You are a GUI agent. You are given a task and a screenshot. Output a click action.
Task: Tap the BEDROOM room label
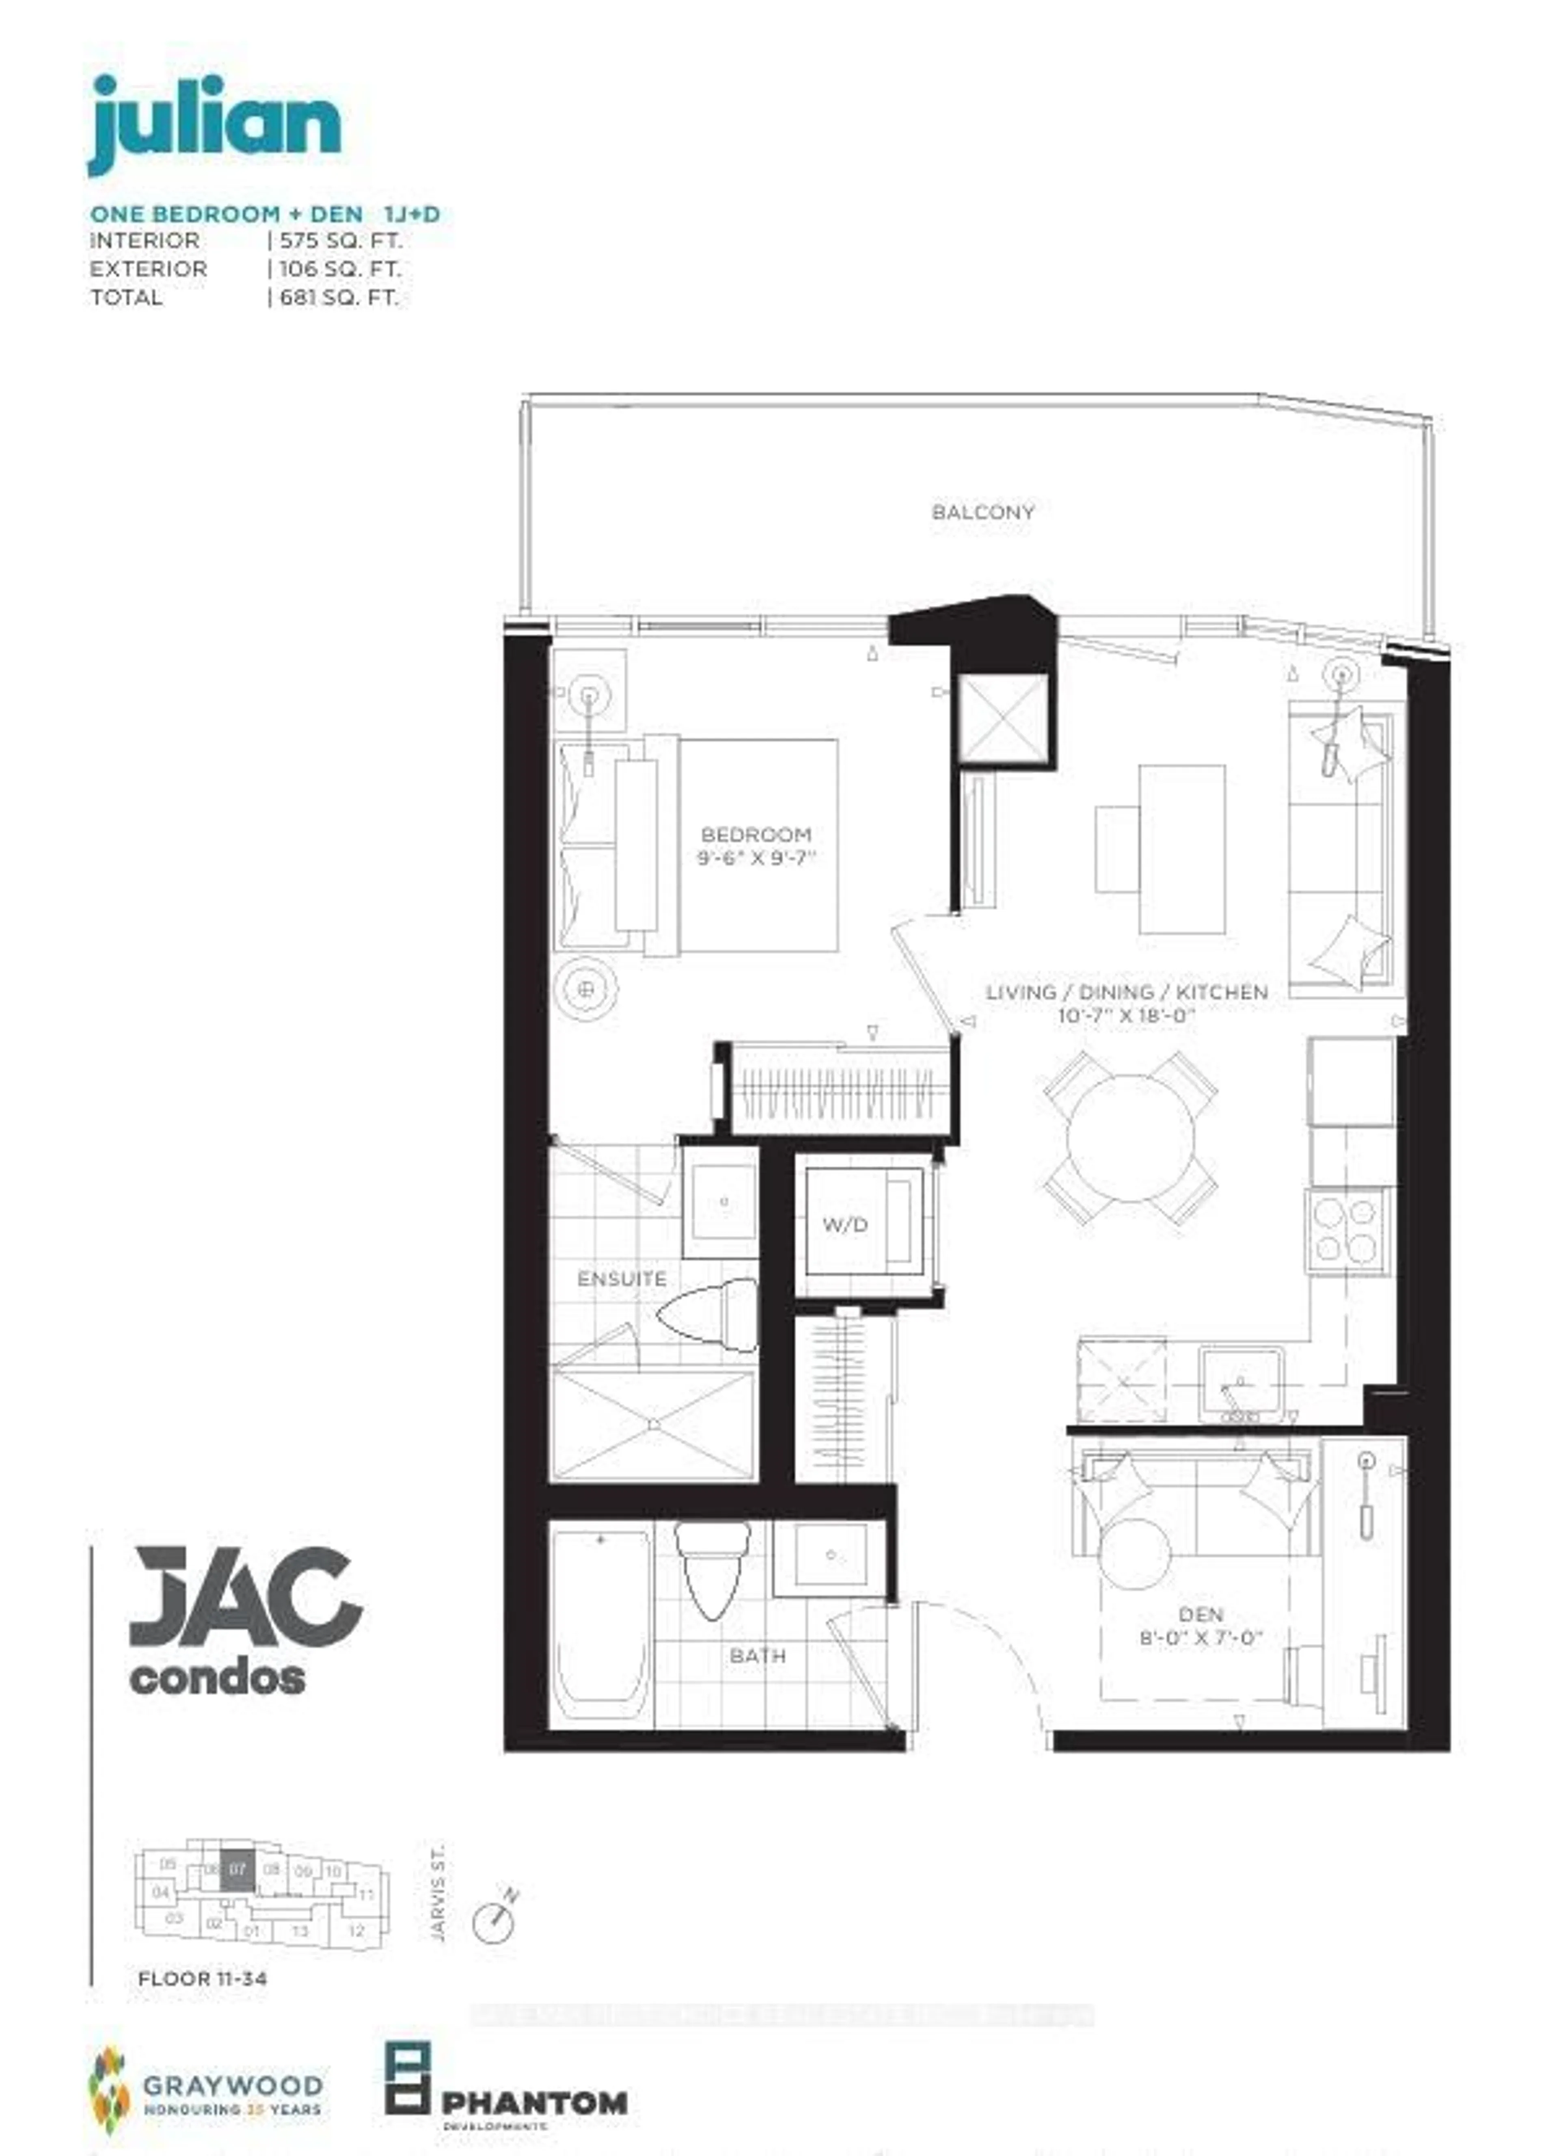coord(756,835)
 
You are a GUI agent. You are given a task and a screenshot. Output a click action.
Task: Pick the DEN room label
coord(1201,1614)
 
